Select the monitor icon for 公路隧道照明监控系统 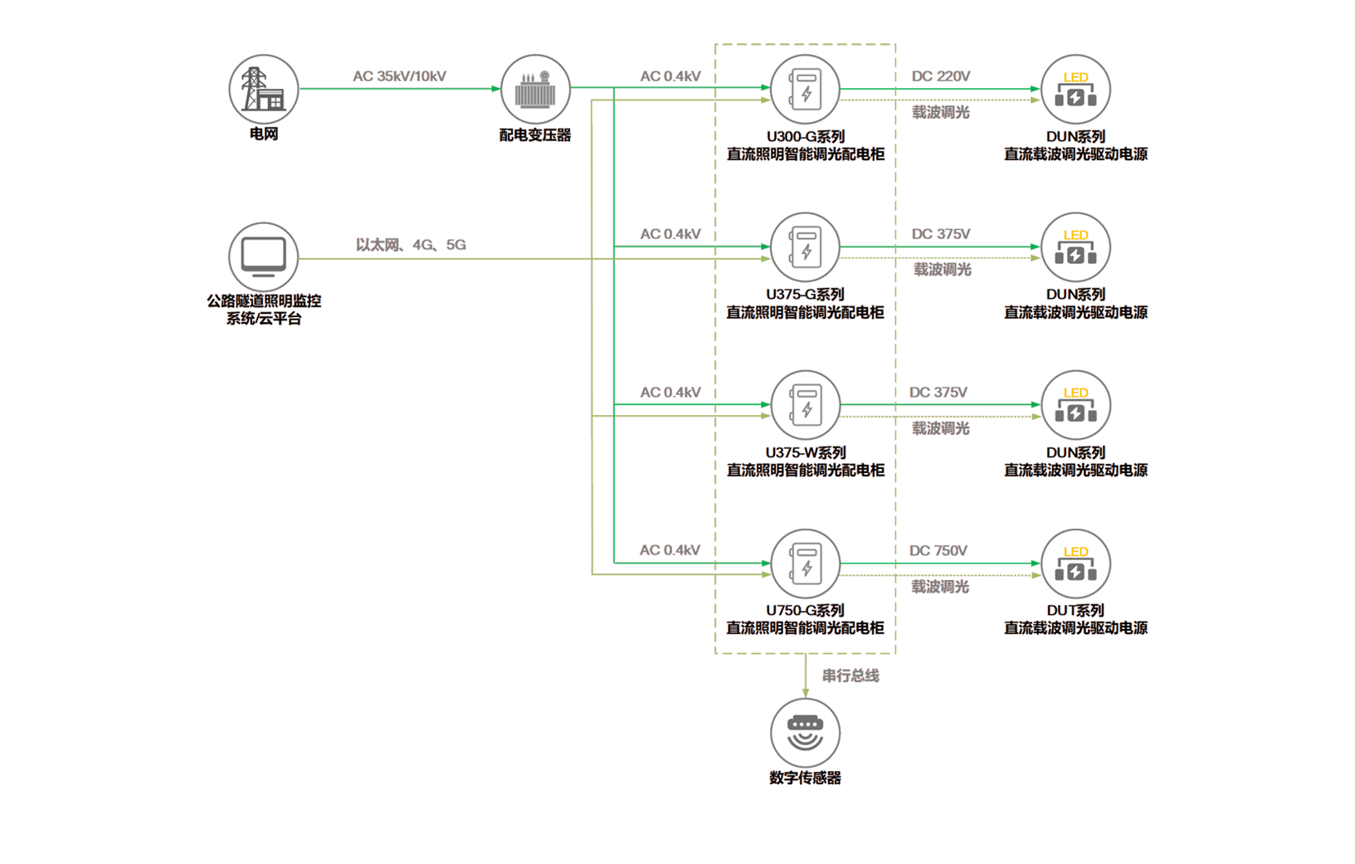click(263, 256)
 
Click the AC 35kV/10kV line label click(399, 77)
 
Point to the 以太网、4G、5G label click(410, 246)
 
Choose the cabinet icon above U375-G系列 click(805, 247)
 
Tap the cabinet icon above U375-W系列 click(805, 405)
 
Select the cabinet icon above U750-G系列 click(805, 564)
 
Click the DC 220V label click(941, 77)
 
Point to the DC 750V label click(938, 552)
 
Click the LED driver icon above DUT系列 click(1075, 564)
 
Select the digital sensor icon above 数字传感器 click(805, 731)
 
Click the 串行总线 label click(851, 676)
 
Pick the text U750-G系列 click(805, 611)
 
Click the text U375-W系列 click(805, 453)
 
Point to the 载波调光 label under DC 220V click(941, 111)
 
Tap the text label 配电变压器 click(535, 134)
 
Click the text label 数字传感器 click(805, 779)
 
